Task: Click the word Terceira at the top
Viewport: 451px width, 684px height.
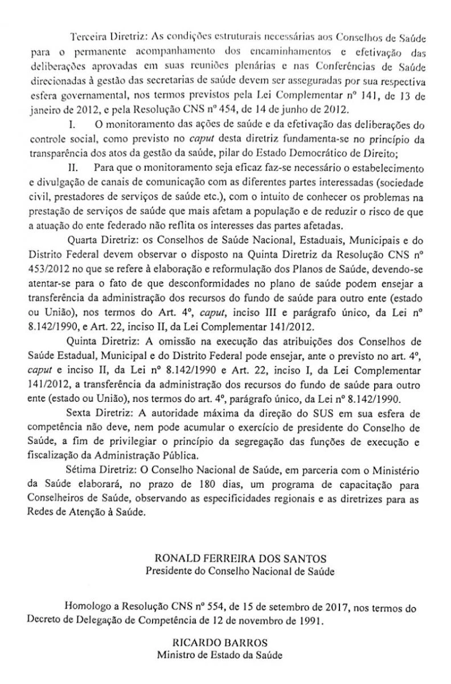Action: (x=84, y=36)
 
